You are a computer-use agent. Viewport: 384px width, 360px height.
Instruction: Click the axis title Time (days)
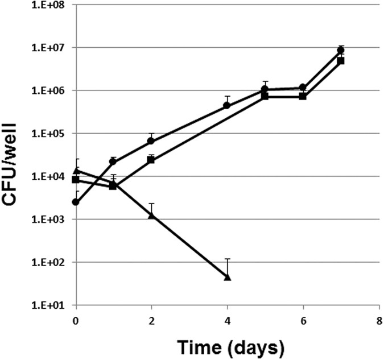(227, 346)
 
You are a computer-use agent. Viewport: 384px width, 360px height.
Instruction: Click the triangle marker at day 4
(228, 277)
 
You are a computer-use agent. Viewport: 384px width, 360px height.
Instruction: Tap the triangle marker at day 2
(151, 215)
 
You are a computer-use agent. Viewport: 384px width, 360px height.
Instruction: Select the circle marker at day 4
(228, 105)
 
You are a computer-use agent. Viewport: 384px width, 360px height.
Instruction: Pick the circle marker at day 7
(341, 50)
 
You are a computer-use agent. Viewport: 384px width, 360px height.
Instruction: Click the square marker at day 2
(151, 160)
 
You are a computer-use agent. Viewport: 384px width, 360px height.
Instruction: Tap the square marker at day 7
(341, 60)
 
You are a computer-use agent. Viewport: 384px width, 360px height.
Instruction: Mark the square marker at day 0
(76, 180)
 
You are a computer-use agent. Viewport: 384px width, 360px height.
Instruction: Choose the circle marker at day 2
(151, 140)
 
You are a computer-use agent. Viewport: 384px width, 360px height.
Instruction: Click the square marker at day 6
(303, 96)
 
